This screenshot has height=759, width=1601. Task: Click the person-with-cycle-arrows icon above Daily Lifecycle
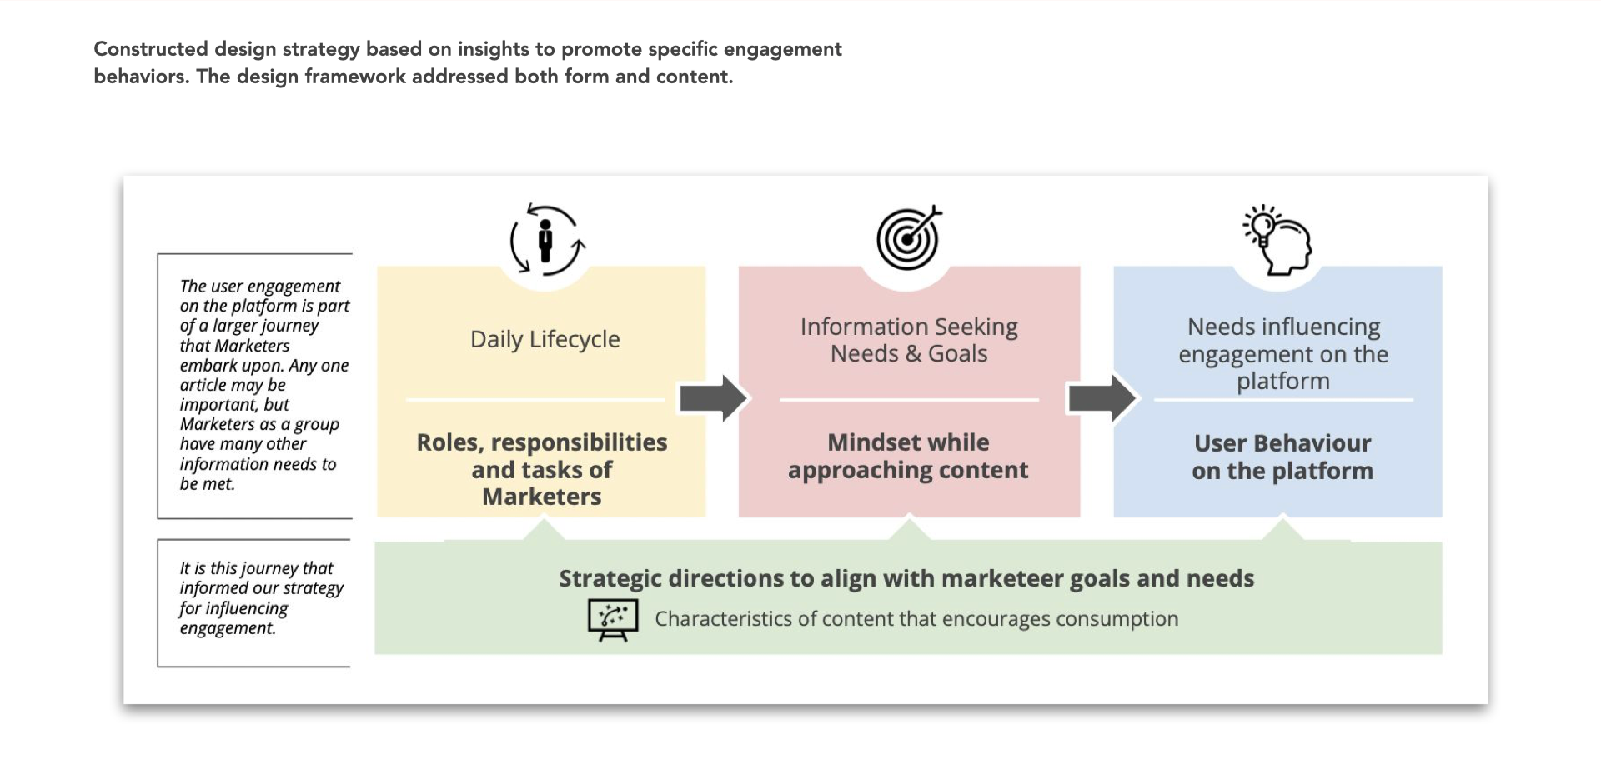coord(547,240)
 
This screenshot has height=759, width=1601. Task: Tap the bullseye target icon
coord(908,238)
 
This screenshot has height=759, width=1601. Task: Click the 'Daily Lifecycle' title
coord(545,339)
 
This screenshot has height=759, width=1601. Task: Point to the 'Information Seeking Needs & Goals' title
coord(909,340)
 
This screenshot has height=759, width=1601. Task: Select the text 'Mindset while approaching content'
coord(908,456)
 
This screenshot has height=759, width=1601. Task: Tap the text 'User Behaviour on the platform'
coord(1282,457)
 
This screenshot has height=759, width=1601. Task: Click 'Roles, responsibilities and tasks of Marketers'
coord(542,469)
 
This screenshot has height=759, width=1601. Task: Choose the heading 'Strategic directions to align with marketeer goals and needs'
coord(906,578)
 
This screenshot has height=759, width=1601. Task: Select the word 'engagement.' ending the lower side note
coord(228,628)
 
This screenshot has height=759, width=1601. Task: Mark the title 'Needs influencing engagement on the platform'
coord(1283,353)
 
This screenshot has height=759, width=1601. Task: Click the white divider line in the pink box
coord(909,400)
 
